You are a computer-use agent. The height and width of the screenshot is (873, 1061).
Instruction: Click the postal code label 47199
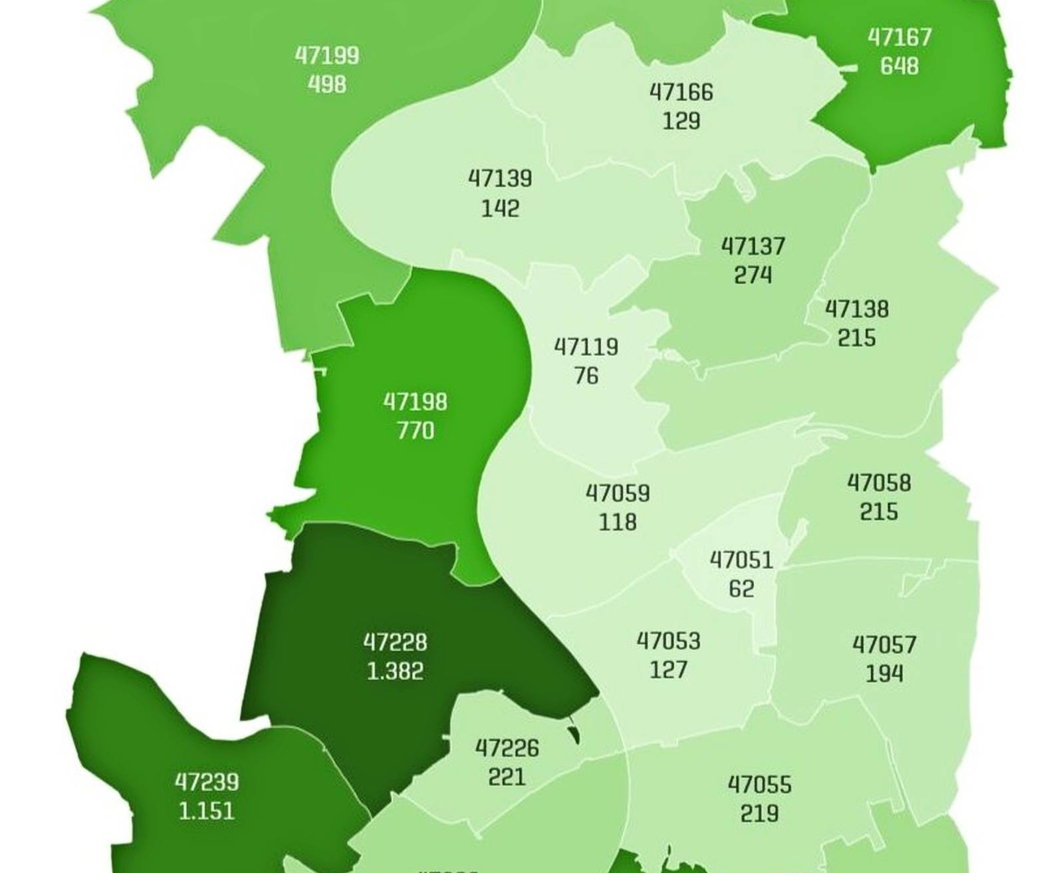tap(326, 56)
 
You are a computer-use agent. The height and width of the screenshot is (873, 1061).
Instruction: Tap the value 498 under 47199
tap(326, 85)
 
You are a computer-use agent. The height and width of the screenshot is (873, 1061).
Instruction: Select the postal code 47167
tap(899, 37)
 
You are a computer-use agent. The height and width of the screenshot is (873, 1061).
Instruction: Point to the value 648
tap(899, 66)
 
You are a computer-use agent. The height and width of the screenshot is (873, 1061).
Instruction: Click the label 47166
tap(681, 92)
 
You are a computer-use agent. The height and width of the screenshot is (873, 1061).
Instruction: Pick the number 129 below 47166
tap(681, 121)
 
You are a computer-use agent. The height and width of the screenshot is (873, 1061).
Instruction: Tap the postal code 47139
tap(500, 179)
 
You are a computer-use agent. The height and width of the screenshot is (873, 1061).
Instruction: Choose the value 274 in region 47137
tap(753, 275)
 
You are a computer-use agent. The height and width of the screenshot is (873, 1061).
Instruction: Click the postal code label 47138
tap(857, 309)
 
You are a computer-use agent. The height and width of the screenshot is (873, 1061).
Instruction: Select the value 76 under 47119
tap(586, 376)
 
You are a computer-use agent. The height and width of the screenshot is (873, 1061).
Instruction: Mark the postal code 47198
tap(415, 402)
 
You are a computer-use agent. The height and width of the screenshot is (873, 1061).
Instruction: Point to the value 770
tap(415, 432)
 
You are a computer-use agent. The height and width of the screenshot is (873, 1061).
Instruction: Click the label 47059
tap(618, 494)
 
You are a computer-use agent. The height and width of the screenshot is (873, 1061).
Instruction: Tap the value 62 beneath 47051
tap(741, 589)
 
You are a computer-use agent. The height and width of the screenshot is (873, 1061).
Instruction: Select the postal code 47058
tap(879, 483)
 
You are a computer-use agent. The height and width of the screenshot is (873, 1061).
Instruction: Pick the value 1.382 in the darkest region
tap(395, 672)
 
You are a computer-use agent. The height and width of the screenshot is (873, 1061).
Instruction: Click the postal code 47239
tap(207, 783)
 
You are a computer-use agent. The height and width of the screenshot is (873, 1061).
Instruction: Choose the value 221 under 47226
tap(507, 777)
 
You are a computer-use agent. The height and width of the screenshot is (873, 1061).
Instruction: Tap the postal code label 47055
tap(760, 785)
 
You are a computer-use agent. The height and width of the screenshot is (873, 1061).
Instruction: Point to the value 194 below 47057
tap(884, 674)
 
